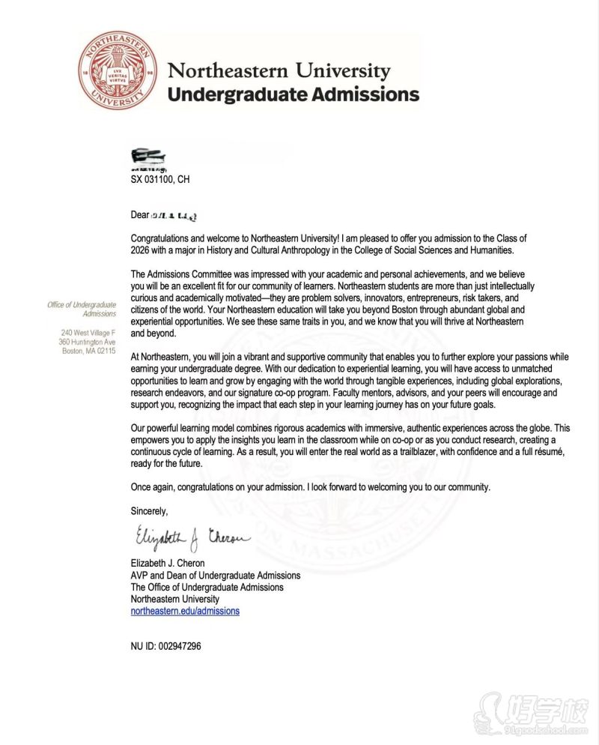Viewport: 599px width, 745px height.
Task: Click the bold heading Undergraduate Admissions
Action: coord(293,95)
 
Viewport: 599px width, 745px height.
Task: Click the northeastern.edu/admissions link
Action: coord(185,612)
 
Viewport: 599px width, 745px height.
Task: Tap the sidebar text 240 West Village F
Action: coord(88,333)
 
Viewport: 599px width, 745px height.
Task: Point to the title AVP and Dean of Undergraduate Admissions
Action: coord(216,576)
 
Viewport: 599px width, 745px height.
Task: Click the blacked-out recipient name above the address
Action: coord(148,157)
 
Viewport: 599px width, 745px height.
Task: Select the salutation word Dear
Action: coord(140,215)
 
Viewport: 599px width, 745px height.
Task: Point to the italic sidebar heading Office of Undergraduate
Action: coord(81,304)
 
